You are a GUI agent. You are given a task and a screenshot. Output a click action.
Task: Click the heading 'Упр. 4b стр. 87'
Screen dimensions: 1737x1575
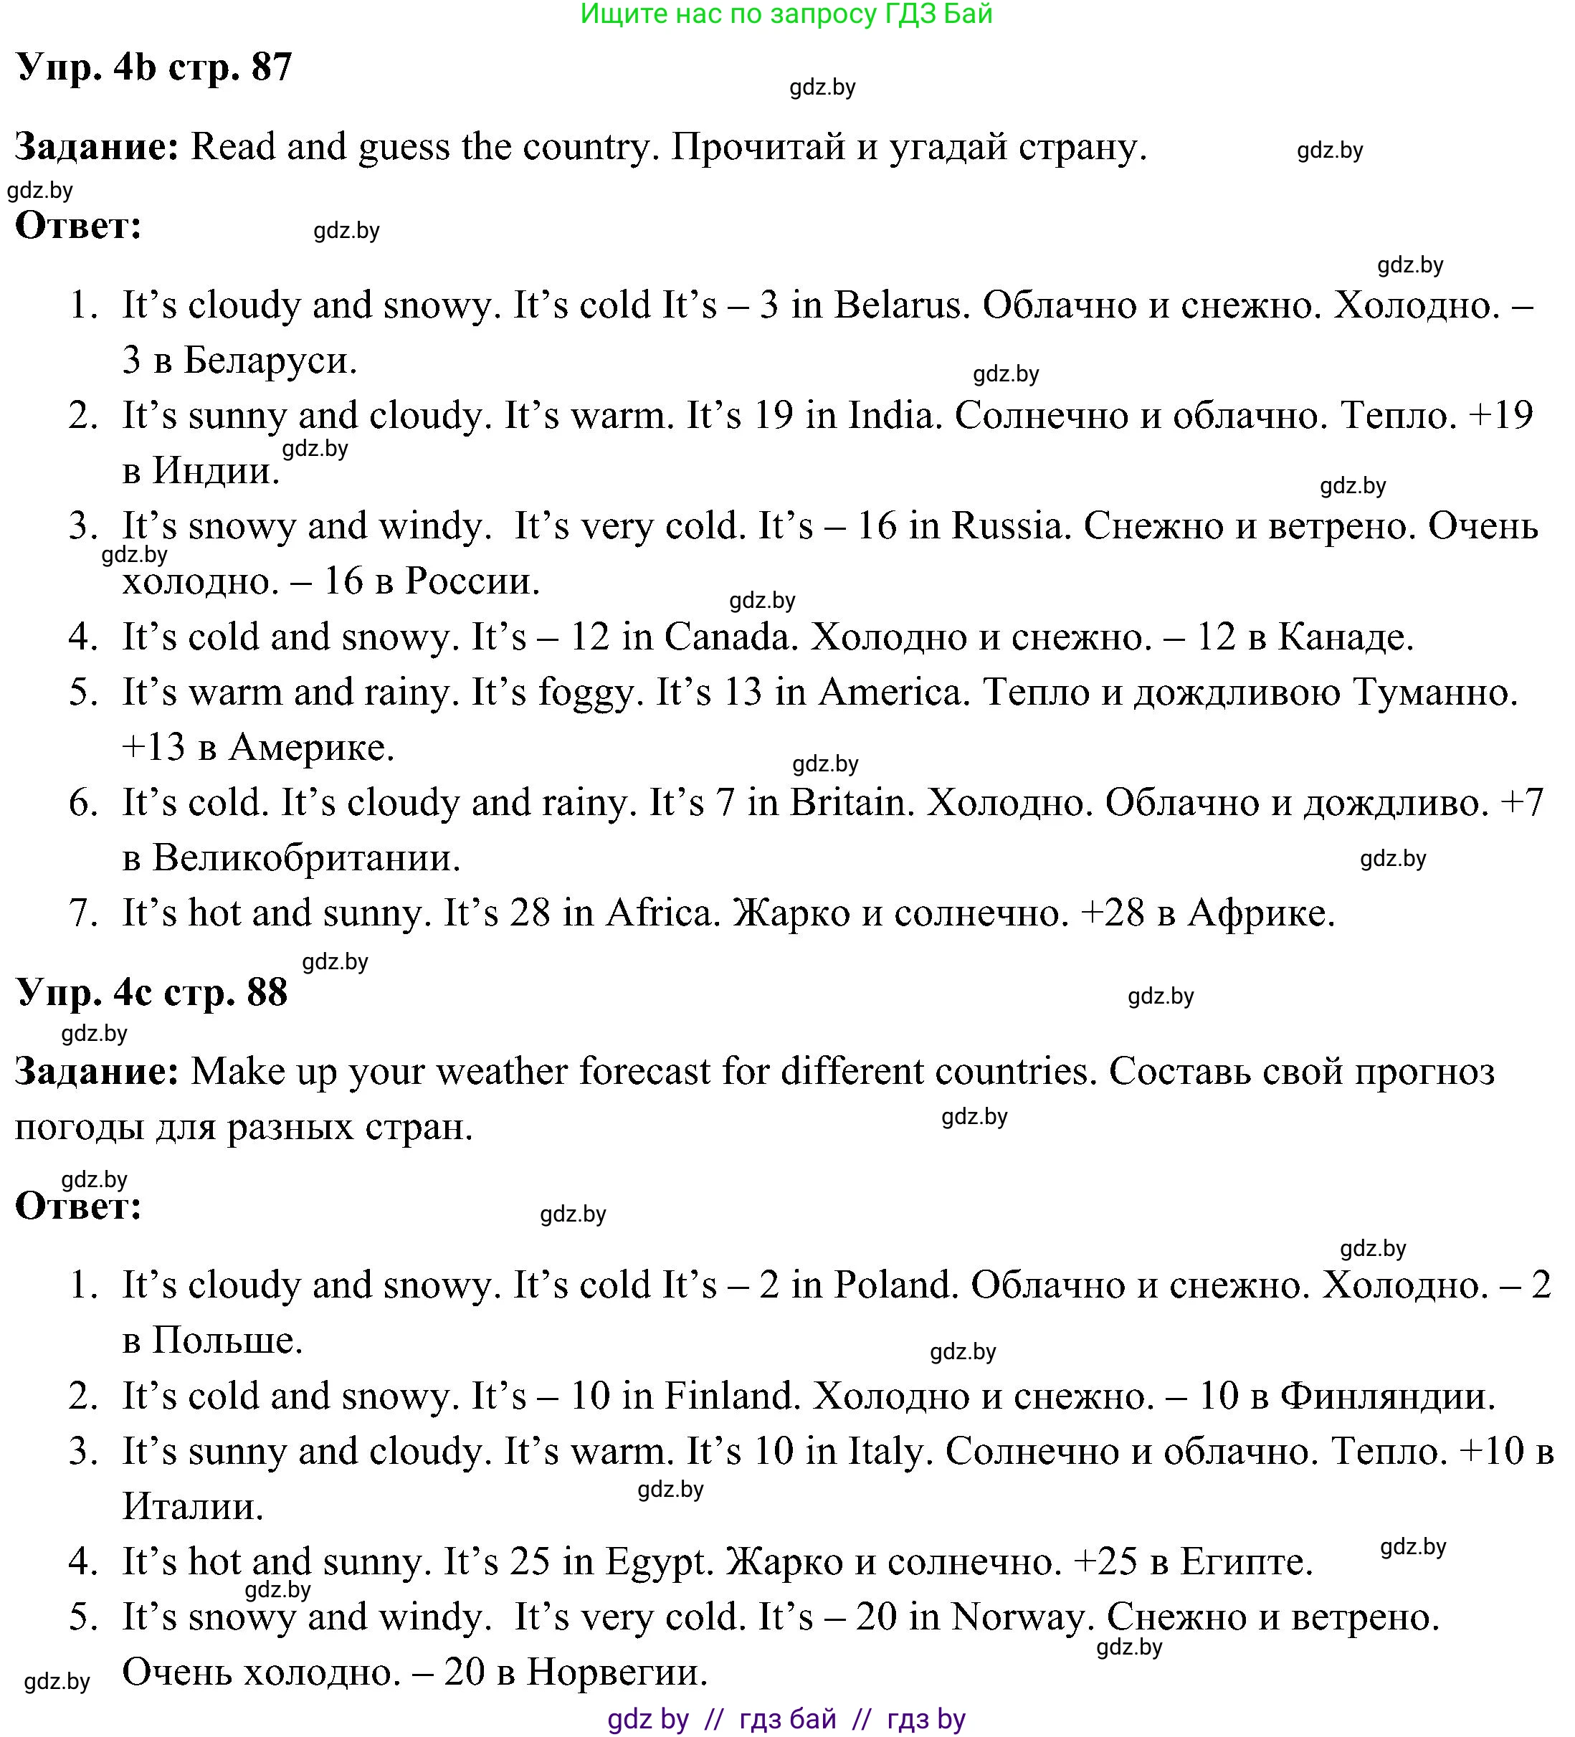pyautogui.click(x=154, y=67)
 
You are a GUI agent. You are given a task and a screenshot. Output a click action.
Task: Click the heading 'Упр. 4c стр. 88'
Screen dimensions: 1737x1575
pyautogui.click(x=152, y=993)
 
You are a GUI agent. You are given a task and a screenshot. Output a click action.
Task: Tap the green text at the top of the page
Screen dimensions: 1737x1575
pyautogui.click(x=786, y=14)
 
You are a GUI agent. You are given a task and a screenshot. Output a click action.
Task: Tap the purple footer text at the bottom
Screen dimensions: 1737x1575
pyautogui.click(x=786, y=1720)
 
